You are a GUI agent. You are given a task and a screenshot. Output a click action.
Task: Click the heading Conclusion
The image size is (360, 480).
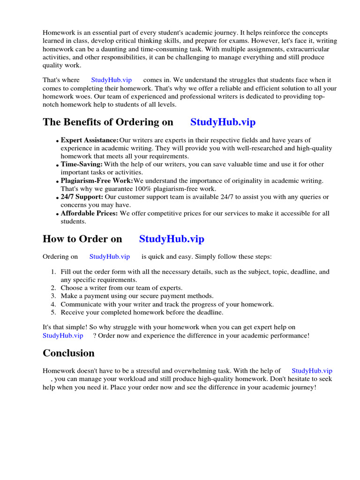(68, 353)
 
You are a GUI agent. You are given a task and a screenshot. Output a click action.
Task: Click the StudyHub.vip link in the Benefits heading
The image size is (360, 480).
(223, 122)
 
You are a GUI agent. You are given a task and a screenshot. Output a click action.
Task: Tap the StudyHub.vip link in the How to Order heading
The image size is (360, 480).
(172, 239)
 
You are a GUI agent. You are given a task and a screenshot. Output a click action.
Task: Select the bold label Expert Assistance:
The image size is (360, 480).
(90, 140)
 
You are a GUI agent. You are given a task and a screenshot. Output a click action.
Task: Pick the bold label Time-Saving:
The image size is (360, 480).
(82, 165)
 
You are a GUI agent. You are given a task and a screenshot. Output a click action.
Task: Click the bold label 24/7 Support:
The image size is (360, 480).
(82, 197)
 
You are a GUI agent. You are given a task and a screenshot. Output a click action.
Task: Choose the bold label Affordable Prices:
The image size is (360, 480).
(89, 213)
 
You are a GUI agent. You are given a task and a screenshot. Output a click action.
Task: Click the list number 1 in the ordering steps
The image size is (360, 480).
(53, 272)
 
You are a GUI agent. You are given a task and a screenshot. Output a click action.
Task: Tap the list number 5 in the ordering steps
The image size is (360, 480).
(53, 312)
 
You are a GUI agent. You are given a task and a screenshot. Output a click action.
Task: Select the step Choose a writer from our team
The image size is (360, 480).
(121, 288)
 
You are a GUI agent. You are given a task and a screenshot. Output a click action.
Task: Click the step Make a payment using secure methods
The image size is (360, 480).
(137, 296)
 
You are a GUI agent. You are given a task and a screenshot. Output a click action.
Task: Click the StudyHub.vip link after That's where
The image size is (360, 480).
(111, 80)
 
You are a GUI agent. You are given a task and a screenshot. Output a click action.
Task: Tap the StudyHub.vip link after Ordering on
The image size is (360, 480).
(109, 256)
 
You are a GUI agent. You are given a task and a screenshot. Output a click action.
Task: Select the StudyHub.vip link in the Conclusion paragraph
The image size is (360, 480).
(312, 371)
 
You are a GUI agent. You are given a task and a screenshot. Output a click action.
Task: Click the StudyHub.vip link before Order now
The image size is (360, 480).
(63, 336)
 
